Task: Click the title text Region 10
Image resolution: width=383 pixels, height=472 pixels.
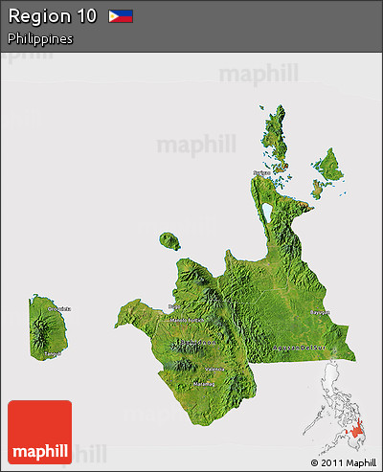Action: [52, 16]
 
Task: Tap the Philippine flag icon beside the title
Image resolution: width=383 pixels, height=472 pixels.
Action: [121, 16]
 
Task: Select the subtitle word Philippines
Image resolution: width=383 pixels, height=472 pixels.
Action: [40, 39]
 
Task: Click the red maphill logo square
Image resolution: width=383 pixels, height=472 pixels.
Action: [39, 432]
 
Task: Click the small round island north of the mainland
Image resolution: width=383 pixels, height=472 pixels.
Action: [170, 240]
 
